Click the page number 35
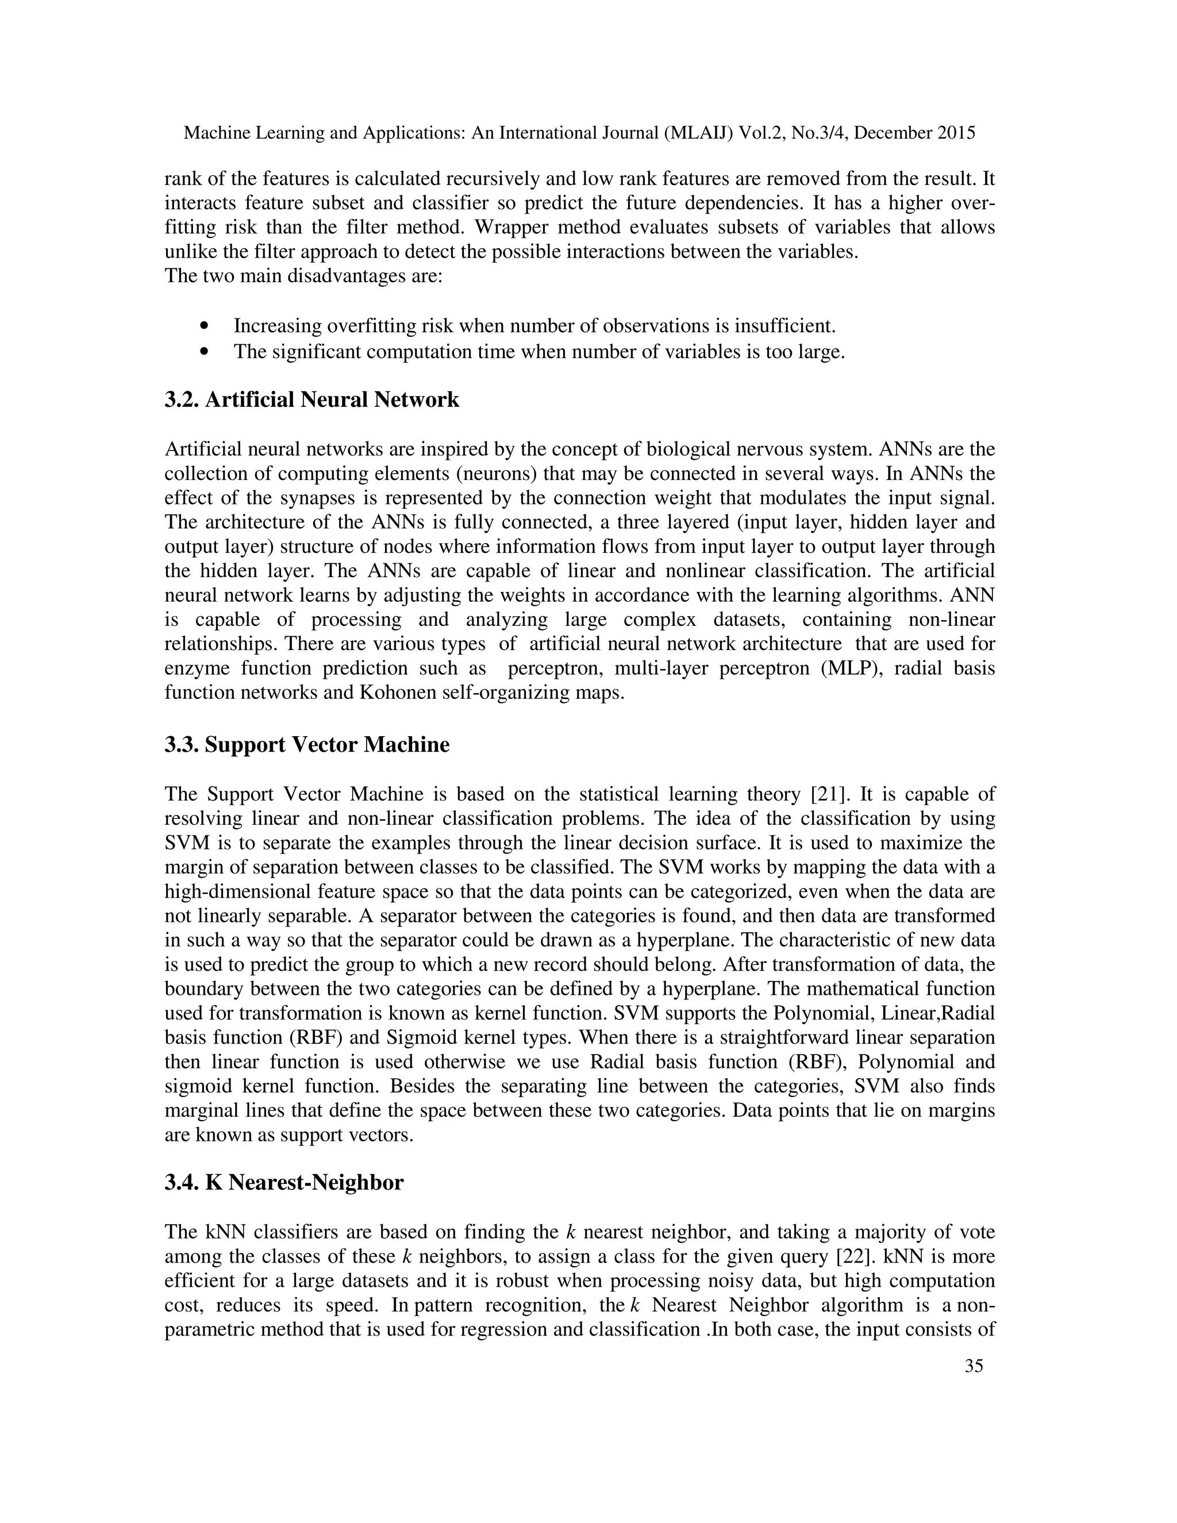click(974, 1385)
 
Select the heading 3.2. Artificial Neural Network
click(311, 399)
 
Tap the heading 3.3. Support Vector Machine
click(307, 744)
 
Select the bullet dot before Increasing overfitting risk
click(203, 326)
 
